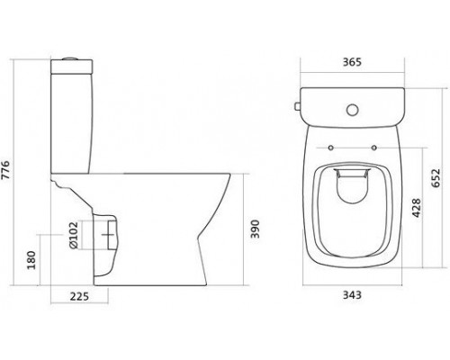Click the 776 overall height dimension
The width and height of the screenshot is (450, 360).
(11, 173)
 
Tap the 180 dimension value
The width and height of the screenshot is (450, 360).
(33, 261)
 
